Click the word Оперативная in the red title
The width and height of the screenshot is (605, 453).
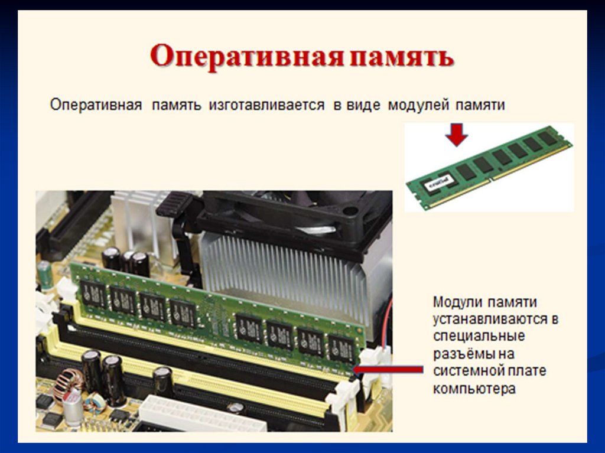click(247, 57)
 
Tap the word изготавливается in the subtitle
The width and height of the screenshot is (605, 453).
click(266, 105)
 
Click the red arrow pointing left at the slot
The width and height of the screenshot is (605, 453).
click(388, 370)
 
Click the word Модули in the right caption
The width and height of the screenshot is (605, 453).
click(457, 302)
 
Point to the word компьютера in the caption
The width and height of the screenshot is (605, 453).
click(474, 388)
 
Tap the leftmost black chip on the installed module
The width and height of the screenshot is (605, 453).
click(93, 294)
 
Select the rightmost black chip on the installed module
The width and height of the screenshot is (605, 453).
click(341, 348)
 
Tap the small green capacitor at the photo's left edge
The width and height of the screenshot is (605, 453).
click(45, 275)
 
